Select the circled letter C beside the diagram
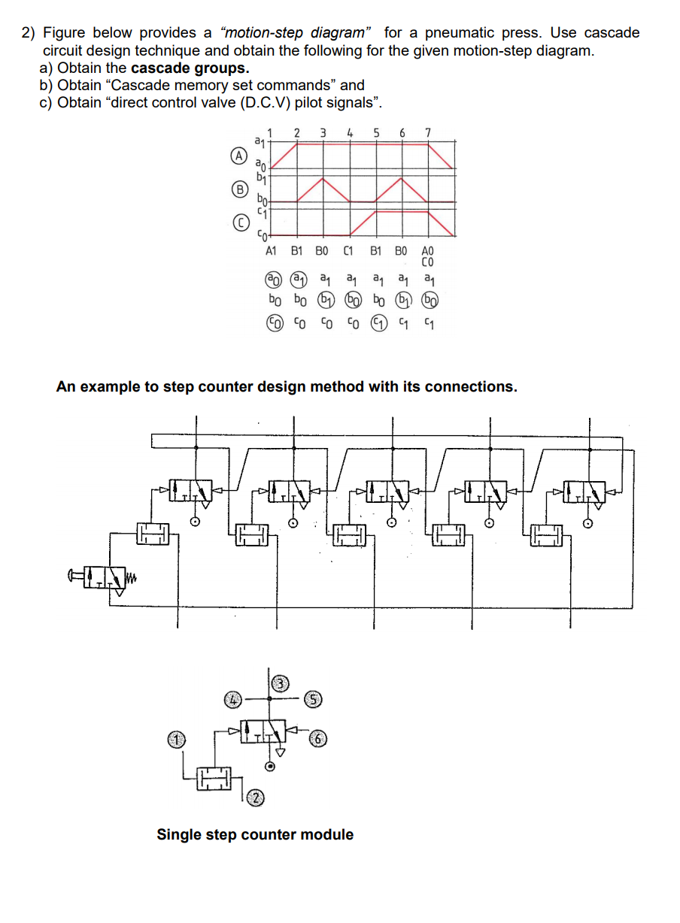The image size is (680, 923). (x=239, y=223)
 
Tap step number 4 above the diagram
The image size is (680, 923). (x=350, y=133)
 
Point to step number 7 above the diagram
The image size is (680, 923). (x=428, y=133)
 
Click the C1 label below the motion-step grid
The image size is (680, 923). (x=348, y=253)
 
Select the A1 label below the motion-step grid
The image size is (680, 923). (x=272, y=253)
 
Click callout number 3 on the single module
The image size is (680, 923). (x=280, y=683)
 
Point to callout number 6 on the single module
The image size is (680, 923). (x=320, y=738)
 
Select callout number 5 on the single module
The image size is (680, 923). (x=314, y=699)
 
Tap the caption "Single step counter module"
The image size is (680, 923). (x=254, y=834)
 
